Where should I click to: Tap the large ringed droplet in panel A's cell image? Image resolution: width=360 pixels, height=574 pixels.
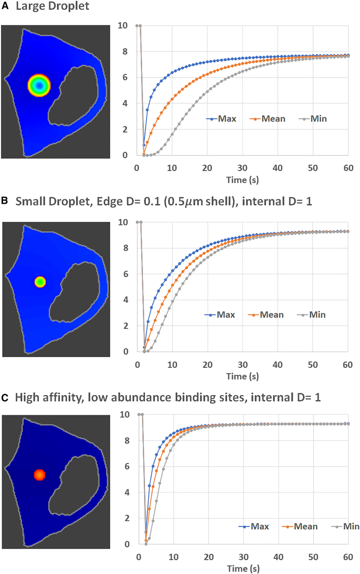coord(39,85)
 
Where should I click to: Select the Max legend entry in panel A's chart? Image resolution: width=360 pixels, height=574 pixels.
coord(223,119)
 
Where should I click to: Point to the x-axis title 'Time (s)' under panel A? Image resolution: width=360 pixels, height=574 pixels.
coord(243,180)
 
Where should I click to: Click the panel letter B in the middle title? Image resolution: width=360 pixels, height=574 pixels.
coord(4,201)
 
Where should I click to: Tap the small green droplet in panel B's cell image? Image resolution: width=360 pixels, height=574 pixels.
coord(40,282)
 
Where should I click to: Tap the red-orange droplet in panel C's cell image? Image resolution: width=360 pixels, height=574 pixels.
coord(40,475)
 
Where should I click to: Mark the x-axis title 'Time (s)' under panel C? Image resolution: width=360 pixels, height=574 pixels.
coord(243,569)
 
